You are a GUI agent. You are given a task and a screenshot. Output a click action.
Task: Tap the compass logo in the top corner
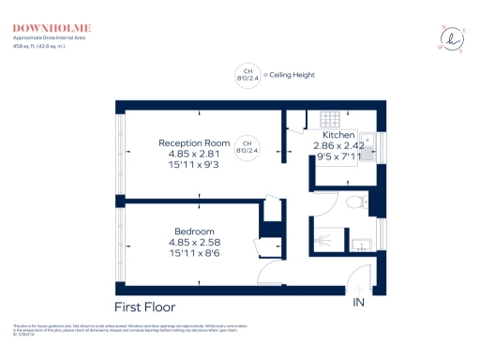453,37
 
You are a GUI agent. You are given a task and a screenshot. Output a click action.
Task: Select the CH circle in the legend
247,74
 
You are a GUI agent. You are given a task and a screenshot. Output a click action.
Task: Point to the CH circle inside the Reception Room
247,146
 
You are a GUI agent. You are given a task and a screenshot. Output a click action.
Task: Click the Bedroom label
194,232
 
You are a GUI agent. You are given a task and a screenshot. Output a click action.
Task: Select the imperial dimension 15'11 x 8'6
194,253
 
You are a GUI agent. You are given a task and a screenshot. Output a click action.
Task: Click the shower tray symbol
328,239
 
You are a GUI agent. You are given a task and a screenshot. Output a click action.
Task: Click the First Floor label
144,307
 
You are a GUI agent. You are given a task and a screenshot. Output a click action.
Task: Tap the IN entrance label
358,303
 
